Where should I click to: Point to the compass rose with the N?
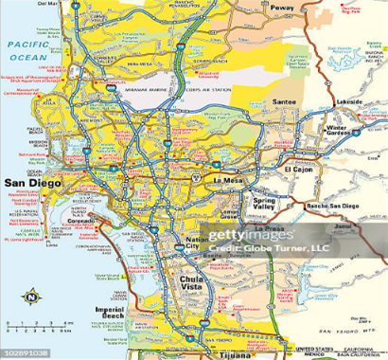[30, 297]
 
